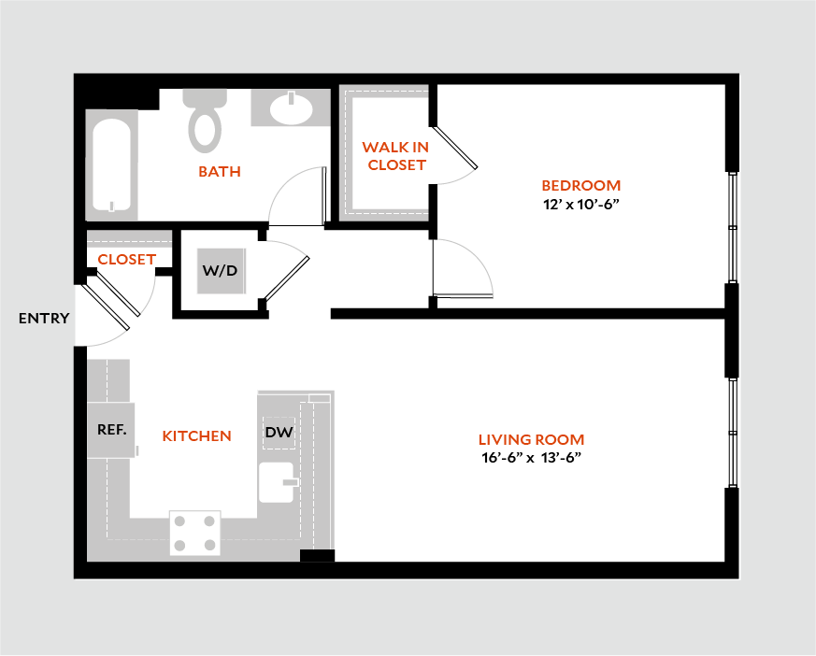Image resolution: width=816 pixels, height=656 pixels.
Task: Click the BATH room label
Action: pyautogui.click(x=220, y=172)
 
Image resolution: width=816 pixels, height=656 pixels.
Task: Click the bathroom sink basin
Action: pyautogui.click(x=292, y=109)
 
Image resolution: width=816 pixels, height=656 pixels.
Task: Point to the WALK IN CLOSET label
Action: pyautogui.click(x=395, y=156)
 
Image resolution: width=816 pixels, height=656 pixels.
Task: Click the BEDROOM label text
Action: pyautogui.click(x=580, y=185)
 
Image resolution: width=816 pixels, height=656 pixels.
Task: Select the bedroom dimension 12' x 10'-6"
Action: pyautogui.click(x=581, y=203)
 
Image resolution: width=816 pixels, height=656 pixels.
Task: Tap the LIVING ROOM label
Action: pyautogui.click(x=531, y=439)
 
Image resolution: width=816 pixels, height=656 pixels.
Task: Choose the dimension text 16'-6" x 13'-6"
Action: pyautogui.click(x=530, y=458)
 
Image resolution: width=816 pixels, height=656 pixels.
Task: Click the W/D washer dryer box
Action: pyautogui.click(x=220, y=271)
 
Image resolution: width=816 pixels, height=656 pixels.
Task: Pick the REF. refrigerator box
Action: pyautogui.click(x=111, y=430)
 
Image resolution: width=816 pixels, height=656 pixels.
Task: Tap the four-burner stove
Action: pyautogui.click(x=194, y=533)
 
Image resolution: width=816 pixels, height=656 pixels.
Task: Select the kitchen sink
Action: pyautogui.click(x=277, y=482)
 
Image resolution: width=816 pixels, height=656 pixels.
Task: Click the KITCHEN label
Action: pyautogui.click(x=196, y=436)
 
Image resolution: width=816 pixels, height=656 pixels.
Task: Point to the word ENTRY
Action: pyautogui.click(x=44, y=319)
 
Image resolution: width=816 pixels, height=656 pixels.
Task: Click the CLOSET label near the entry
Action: pyautogui.click(x=126, y=259)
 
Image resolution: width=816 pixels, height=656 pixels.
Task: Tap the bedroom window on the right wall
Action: pyautogui.click(x=733, y=227)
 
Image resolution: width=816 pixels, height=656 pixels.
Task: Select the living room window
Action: pyautogui.click(x=733, y=432)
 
